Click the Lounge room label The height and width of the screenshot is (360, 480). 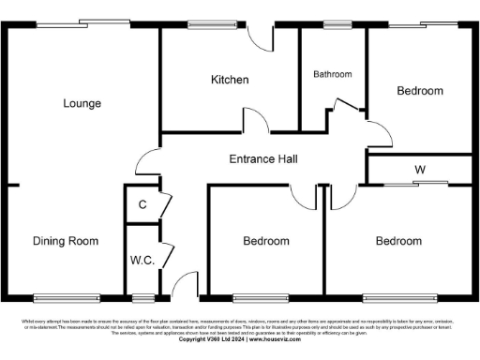click(x=82, y=103)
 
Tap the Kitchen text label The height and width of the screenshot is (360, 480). click(x=230, y=80)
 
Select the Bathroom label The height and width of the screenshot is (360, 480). click(x=333, y=74)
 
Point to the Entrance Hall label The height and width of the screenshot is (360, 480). click(x=263, y=159)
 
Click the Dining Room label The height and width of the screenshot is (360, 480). click(x=66, y=241)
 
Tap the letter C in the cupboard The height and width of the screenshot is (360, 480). click(x=142, y=204)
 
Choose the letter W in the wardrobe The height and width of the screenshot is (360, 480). click(x=420, y=170)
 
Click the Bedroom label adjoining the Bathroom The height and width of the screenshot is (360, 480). click(x=420, y=91)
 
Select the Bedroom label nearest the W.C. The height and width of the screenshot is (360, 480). click(x=266, y=241)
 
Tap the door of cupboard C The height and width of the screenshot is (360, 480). click(x=165, y=205)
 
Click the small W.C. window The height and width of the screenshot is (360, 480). click(x=142, y=298)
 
